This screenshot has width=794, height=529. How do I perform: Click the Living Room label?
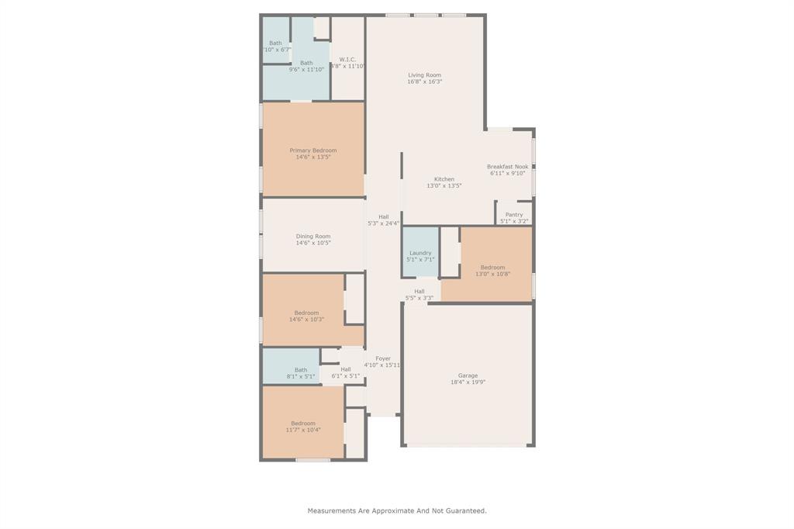click(x=424, y=75)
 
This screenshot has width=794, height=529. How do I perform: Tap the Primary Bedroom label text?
click(x=313, y=150)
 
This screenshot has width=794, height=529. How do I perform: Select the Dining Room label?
click(x=313, y=237)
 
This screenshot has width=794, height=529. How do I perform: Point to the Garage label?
click(x=468, y=375)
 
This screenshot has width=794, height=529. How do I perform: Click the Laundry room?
click(x=420, y=253)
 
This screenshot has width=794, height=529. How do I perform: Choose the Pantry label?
click(x=513, y=215)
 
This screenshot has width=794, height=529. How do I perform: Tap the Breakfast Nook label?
click(x=507, y=167)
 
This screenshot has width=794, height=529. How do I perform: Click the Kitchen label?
click(x=444, y=179)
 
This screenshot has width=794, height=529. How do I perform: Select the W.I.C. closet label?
click(x=347, y=60)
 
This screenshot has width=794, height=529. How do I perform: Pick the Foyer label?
click(x=383, y=358)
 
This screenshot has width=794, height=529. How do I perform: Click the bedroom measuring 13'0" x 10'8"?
click(x=492, y=268)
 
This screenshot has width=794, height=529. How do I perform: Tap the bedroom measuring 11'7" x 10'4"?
click(x=303, y=424)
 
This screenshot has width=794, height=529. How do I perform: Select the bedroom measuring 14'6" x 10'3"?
click(x=306, y=313)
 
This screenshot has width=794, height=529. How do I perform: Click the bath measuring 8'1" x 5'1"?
click(x=301, y=370)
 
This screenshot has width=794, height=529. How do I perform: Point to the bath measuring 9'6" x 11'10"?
click(x=306, y=64)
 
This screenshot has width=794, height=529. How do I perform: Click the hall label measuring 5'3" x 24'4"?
click(x=383, y=217)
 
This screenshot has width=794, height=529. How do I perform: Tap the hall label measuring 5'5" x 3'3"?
click(x=419, y=292)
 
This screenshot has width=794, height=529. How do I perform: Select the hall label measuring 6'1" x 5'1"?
click(x=346, y=370)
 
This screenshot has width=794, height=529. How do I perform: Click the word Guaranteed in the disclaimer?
click(x=466, y=511)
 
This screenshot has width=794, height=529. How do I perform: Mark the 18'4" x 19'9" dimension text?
click(x=468, y=382)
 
